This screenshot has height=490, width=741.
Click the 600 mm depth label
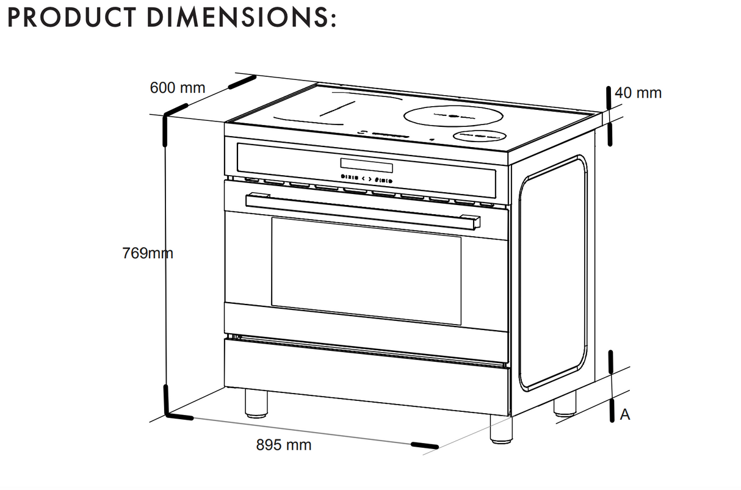pos(177,88)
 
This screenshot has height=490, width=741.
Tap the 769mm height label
pos(148,253)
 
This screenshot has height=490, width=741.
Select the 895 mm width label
pos(283,445)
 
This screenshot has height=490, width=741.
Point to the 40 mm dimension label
pos(638,93)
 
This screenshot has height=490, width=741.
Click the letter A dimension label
pos(624,415)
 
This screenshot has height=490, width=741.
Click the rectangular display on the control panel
pos(366,165)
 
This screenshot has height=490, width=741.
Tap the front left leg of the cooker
pos(256,403)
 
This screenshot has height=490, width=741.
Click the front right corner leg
pos(501,428)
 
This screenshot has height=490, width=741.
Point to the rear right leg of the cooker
pos(565,405)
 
